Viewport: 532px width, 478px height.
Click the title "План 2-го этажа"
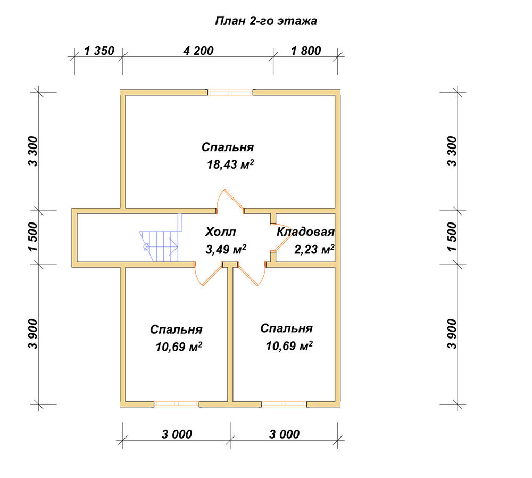pyautogui.click(x=266, y=21)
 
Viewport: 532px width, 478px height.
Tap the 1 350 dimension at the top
pyautogui.click(x=99, y=51)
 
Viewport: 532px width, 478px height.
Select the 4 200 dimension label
pyautogui.click(x=198, y=51)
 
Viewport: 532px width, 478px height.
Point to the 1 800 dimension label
pyautogui.click(x=306, y=51)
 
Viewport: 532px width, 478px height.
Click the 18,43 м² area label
pyautogui.click(x=230, y=164)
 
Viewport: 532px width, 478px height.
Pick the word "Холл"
pyautogui.click(x=221, y=232)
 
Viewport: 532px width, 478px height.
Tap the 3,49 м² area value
pyautogui.click(x=226, y=249)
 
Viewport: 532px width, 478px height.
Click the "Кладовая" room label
pyautogui.click(x=305, y=232)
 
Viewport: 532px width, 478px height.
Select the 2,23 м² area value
pyautogui.click(x=314, y=249)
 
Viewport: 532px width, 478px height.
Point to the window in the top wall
pyautogui.click(x=230, y=93)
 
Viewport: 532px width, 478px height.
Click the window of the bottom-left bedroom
pyautogui.click(x=177, y=404)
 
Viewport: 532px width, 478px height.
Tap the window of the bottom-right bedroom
pyautogui.click(x=284, y=404)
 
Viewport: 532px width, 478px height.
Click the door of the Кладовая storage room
pyautogui.click(x=280, y=238)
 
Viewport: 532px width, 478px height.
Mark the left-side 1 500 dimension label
pyautogui.click(x=34, y=237)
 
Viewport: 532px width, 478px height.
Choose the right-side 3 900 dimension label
pyautogui.click(x=452, y=334)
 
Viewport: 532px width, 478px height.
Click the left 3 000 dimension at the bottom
pyautogui.click(x=177, y=434)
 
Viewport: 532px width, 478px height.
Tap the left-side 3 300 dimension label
pyautogui.click(x=34, y=151)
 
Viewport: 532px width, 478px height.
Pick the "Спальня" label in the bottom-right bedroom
pyautogui.click(x=286, y=328)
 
